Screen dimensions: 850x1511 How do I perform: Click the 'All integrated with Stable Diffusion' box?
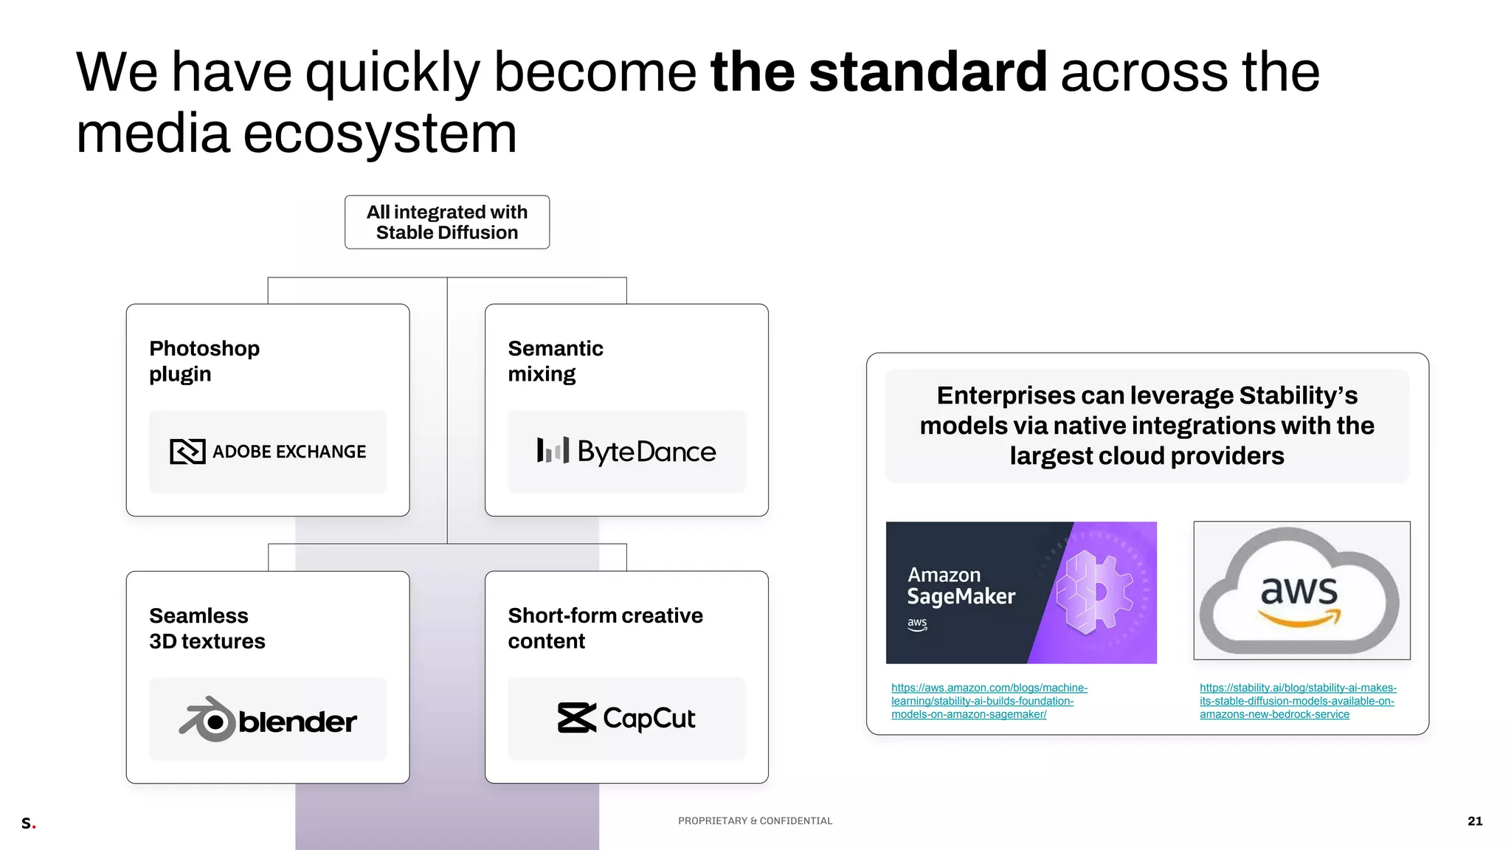(446, 222)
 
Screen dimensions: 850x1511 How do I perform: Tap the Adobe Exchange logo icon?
(187, 452)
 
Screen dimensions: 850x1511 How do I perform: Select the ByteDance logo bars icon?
(553, 450)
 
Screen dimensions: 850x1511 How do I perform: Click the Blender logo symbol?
(207, 719)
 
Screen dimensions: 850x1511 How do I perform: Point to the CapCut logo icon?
(576, 718)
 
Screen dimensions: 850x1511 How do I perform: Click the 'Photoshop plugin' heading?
(204, 361)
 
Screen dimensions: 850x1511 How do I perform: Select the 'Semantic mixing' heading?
(555, 361)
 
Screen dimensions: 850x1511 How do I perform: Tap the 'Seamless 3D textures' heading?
(207, 628)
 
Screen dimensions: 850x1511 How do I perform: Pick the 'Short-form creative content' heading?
(605, 628)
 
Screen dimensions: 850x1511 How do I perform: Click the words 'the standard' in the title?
(878, 72)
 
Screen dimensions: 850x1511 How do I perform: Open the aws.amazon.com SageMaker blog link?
(989, 701)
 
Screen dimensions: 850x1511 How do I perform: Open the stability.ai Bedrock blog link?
(1297, 701)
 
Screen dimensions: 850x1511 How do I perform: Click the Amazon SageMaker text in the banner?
(961, 586)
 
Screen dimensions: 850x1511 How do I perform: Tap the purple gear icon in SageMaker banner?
(1093, 592)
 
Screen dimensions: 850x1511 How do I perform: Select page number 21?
(1475, 821)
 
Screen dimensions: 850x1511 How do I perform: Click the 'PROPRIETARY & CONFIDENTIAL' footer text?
(755, 821)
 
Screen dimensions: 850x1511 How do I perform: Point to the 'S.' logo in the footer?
(28, 823)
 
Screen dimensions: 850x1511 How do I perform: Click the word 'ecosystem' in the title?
(380, 134)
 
